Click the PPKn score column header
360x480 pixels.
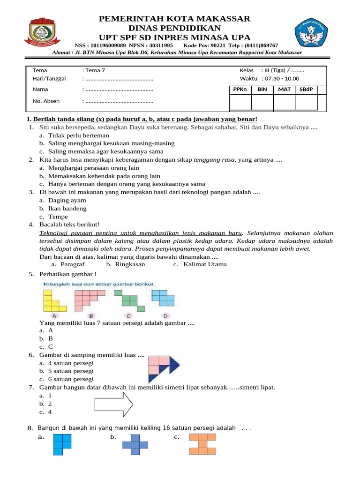point(240,90)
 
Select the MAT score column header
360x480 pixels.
point(284,90)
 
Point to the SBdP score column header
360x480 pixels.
point(306,90)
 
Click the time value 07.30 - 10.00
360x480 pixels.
point(282,78)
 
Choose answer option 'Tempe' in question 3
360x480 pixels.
point(58,217)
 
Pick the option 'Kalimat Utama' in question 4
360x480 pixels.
point(205,264)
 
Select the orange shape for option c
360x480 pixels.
point(202,444)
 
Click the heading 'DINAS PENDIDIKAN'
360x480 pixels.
point(175,28)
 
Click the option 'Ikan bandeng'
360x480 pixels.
point(67,208)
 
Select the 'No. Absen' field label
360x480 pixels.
point(46,101)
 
